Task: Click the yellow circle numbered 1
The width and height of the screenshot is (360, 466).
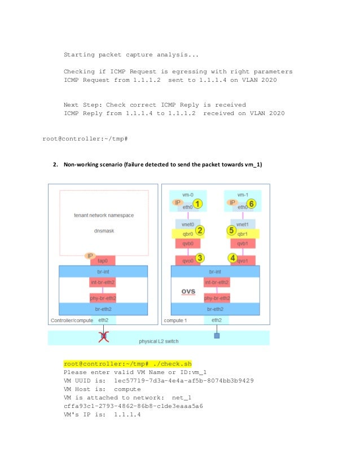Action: [198, 204]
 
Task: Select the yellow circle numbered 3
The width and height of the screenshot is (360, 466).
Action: [199, 258]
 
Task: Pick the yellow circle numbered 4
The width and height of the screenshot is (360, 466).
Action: [231, 258]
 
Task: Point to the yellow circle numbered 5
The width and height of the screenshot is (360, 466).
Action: [231, 230]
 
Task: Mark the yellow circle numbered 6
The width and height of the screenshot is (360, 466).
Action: [252, 204]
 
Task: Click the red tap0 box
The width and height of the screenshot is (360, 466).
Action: [103, 261]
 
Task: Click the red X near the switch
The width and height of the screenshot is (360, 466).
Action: [103, 337]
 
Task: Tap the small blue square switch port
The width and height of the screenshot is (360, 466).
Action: [216, 336]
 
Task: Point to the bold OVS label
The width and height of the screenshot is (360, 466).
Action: [188, 291]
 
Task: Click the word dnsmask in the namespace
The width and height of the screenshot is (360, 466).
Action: [103, 230]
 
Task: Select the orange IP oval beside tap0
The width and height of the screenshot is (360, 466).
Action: [89, 256]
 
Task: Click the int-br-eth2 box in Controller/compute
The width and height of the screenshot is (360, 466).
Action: [103, 282]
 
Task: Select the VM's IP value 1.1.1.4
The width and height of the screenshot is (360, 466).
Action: [127, 414]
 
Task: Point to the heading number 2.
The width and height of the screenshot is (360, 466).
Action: [55, 164]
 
